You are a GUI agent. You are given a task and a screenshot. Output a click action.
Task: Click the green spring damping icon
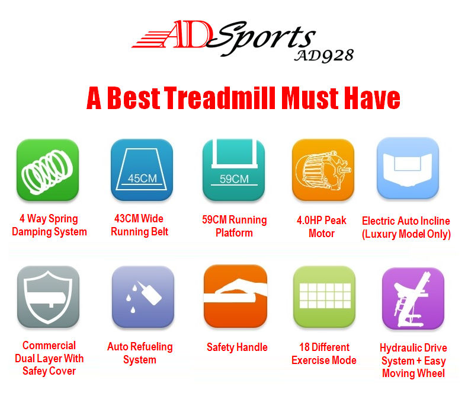coord(47,170)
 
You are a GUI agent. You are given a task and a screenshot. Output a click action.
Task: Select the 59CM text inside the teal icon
coord(234,178)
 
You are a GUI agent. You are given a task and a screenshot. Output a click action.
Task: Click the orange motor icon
coord(323,170)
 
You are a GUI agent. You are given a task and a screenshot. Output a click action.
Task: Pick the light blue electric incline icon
coord(408,168)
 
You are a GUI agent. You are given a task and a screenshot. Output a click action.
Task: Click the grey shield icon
coord(48,296)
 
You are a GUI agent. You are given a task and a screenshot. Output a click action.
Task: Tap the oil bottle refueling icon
coord(143,296)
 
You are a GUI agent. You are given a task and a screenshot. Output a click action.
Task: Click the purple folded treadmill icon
coord(413,298)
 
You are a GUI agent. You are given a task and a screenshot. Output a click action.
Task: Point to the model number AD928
coord(324,56)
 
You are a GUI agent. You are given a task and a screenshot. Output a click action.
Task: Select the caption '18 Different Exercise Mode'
coord(324,354)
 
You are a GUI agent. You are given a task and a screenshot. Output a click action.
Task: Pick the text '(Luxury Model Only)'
coord(406,234)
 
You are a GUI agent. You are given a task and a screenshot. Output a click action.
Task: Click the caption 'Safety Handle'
coord(237,347)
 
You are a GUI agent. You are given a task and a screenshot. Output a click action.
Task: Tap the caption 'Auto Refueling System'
coord(140,353)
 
